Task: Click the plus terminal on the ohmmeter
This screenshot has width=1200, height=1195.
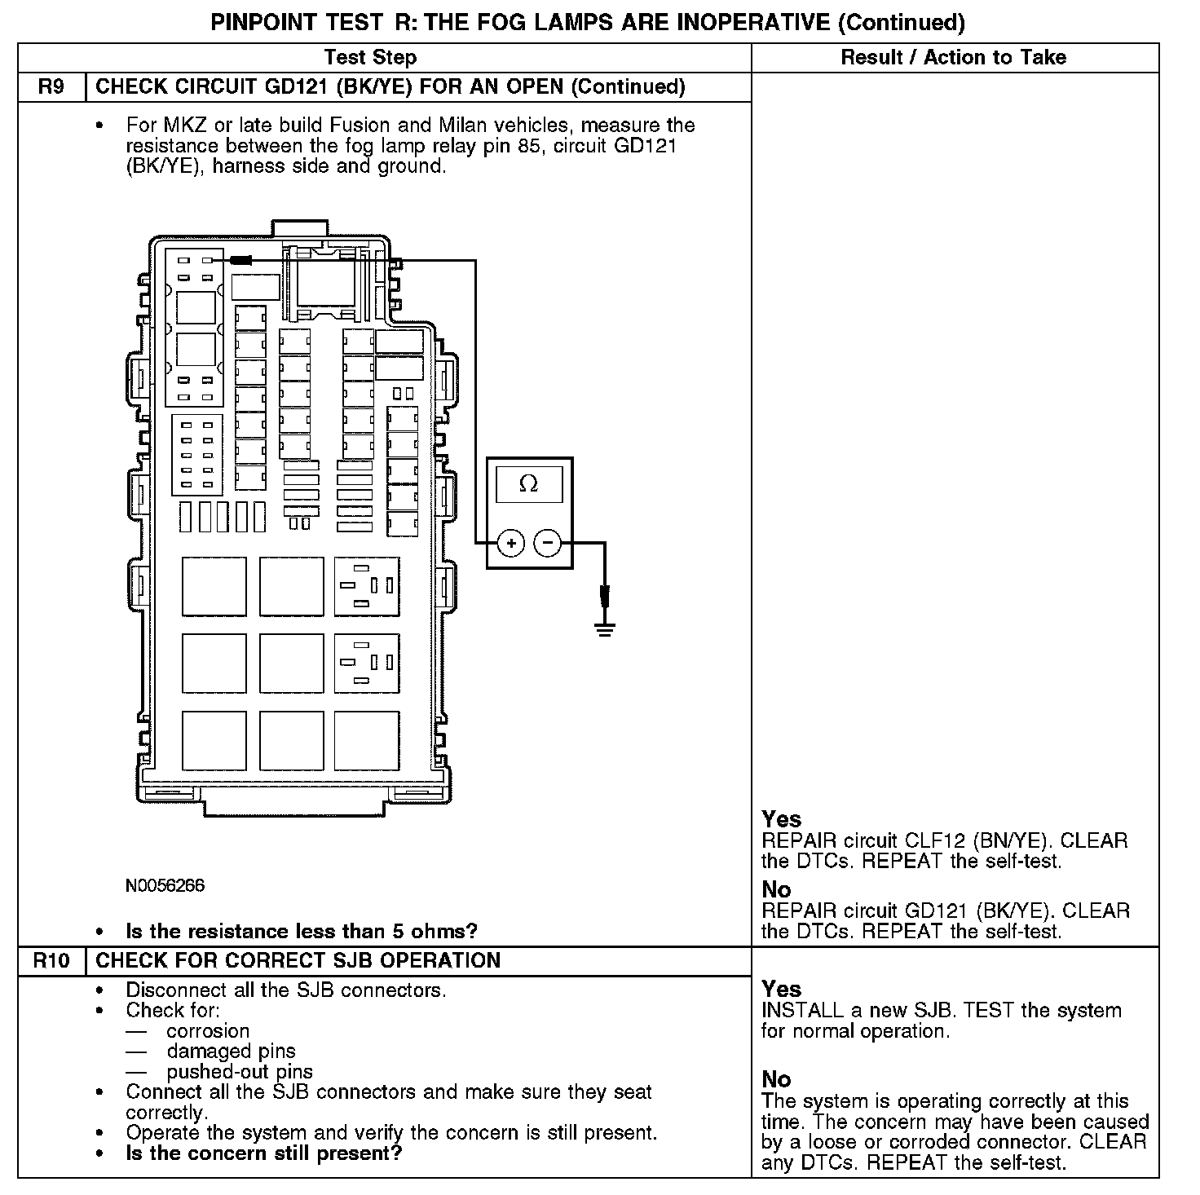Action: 510,543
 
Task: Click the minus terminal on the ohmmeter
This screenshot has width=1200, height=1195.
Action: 548,543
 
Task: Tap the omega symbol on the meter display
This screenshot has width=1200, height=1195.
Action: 528,484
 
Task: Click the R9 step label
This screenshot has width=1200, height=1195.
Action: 51,87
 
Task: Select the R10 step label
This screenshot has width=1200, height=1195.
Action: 51,960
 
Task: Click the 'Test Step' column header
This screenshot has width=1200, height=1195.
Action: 370,57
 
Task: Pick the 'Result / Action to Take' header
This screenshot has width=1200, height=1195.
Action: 953,57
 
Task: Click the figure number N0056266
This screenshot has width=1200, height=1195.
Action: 165,885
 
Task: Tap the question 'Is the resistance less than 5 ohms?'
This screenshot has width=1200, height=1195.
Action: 302,931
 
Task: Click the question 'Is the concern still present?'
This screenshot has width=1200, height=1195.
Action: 264,1153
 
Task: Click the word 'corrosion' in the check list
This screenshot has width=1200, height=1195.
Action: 208,1031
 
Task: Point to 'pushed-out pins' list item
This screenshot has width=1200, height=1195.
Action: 240,1072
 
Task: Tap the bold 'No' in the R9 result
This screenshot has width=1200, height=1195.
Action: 776,889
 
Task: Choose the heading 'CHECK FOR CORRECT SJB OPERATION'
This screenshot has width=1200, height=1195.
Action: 298,960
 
